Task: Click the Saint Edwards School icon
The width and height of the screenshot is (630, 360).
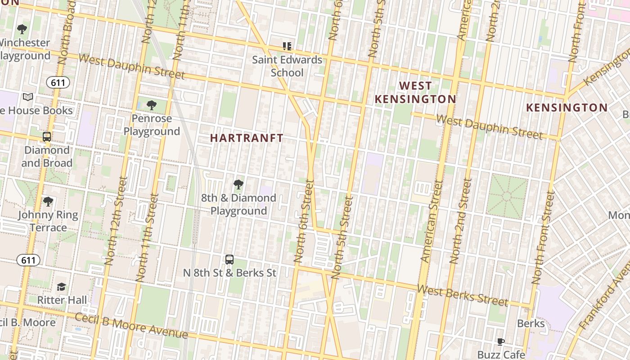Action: pyautogui.click(x=287, y=46)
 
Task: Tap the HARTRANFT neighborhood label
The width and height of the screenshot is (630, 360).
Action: pyautogui.click(x=247, y=138)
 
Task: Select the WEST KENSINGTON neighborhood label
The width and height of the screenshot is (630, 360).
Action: pyautogui.click(x=415, y=92)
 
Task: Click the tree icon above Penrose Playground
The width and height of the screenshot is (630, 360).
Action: pyautogui.click(x=152, y=105)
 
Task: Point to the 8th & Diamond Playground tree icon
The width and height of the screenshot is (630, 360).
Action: pyautogui.click(x=238, y=184)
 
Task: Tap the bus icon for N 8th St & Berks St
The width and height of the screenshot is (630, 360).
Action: pyautogui.click(x=229, y=259)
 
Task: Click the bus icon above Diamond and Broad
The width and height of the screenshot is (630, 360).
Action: pyautogui.click(x=46, y=137)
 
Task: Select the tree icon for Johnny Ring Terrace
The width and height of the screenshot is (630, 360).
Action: pyautogui.click(x=48, y=202)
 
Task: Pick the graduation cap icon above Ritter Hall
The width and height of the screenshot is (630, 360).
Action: pyautogui.click(x=61, y=287)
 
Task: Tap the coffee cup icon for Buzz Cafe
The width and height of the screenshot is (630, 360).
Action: pyautogui.click(x=500, y=342)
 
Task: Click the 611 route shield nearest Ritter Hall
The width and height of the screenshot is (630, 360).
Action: pyautogui.click(x=28, y=260)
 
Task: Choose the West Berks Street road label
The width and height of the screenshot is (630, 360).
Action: pyautogui.click(x=462, y=295)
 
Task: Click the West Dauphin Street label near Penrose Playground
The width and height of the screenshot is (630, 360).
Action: pyautogui.click(x=131, y=66)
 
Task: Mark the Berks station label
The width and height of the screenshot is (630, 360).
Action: pyautogui.click(x=531, y=323)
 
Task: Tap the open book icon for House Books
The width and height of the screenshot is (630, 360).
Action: pyautogui.click(x=28, y=97)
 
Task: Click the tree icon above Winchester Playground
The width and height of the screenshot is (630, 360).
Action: pyautogui.click(x=22, y=30)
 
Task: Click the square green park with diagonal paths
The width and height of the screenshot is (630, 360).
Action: pyautogui.click(x=507, y=197)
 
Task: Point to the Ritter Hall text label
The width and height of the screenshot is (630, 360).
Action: pyautogui.click(x=62, y=300)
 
